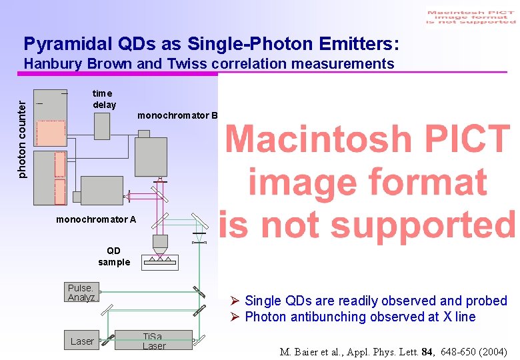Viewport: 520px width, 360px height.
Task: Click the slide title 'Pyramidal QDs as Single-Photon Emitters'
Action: [211, 44]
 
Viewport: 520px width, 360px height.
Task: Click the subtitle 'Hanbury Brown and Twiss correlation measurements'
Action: [209, 64]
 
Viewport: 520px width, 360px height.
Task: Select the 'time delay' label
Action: [104, 99]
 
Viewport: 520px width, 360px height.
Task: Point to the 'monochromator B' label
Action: [177, 115]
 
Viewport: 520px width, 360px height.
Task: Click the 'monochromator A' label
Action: [96, 219]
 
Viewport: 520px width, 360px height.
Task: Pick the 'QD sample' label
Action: [114, 257]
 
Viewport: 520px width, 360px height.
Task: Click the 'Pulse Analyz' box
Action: [81, 293]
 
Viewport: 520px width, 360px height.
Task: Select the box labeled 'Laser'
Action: [82, 341]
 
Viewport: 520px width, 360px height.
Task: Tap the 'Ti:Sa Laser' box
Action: [153, 341]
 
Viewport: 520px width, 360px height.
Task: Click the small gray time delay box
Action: [101, 126]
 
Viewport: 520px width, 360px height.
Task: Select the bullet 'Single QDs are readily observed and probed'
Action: [375, 301]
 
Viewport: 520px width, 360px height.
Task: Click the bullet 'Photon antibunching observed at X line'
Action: [360, 317]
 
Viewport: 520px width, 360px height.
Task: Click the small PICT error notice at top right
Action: [471, 17]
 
